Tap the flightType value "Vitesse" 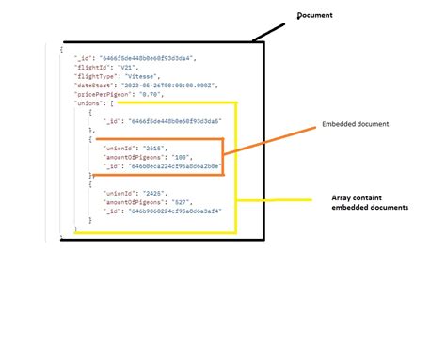143,76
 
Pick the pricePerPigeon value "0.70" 151,94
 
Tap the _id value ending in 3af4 178,211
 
